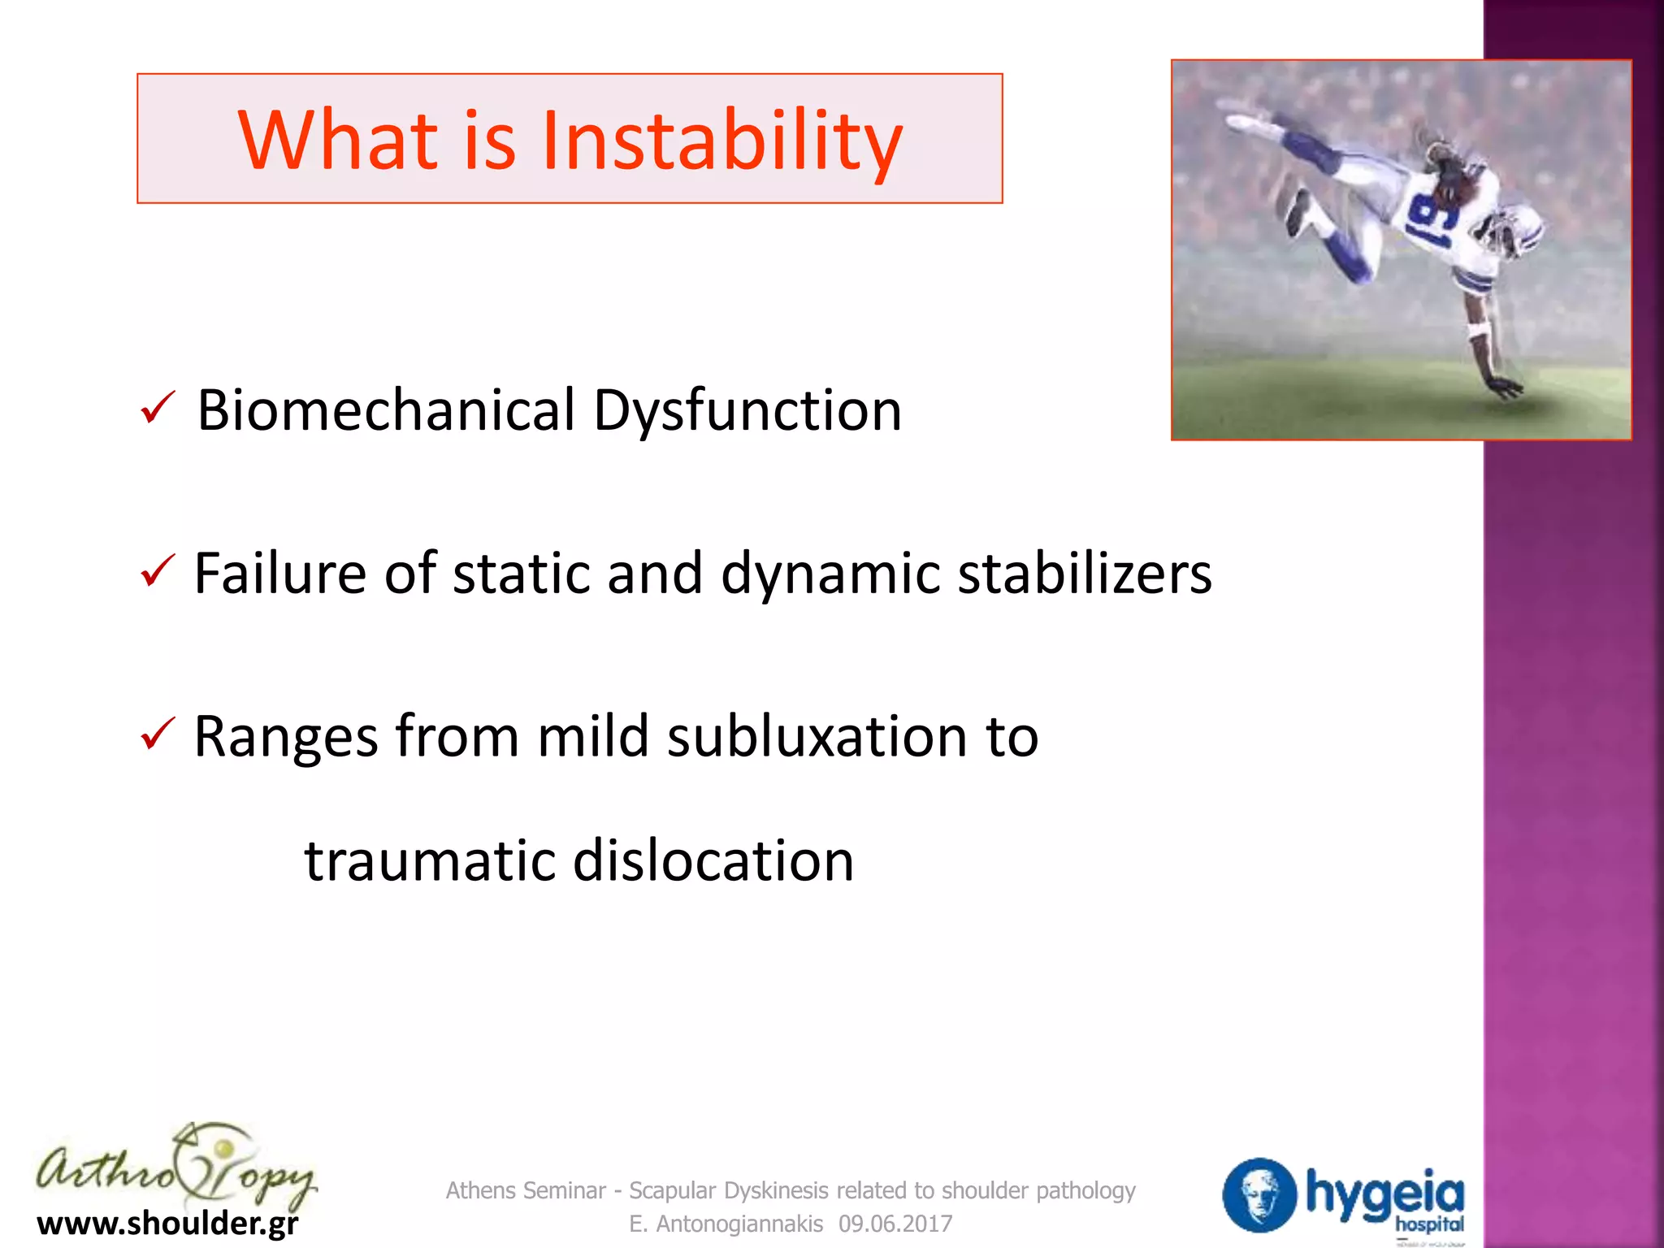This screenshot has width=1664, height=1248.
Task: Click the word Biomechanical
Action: (x=386, y=410)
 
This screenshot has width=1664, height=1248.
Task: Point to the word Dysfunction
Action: (x=747, y=410)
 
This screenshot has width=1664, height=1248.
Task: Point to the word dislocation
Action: (x=713, y=860)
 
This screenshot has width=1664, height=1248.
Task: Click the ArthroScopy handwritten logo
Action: (x=175, y=1168)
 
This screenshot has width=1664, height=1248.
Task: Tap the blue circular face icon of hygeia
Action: (x=1259, y=1194)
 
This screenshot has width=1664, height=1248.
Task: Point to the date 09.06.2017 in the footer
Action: (x=895, y=1224)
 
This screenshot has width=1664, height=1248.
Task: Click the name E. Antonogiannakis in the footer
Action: (x=726, y=1224)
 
